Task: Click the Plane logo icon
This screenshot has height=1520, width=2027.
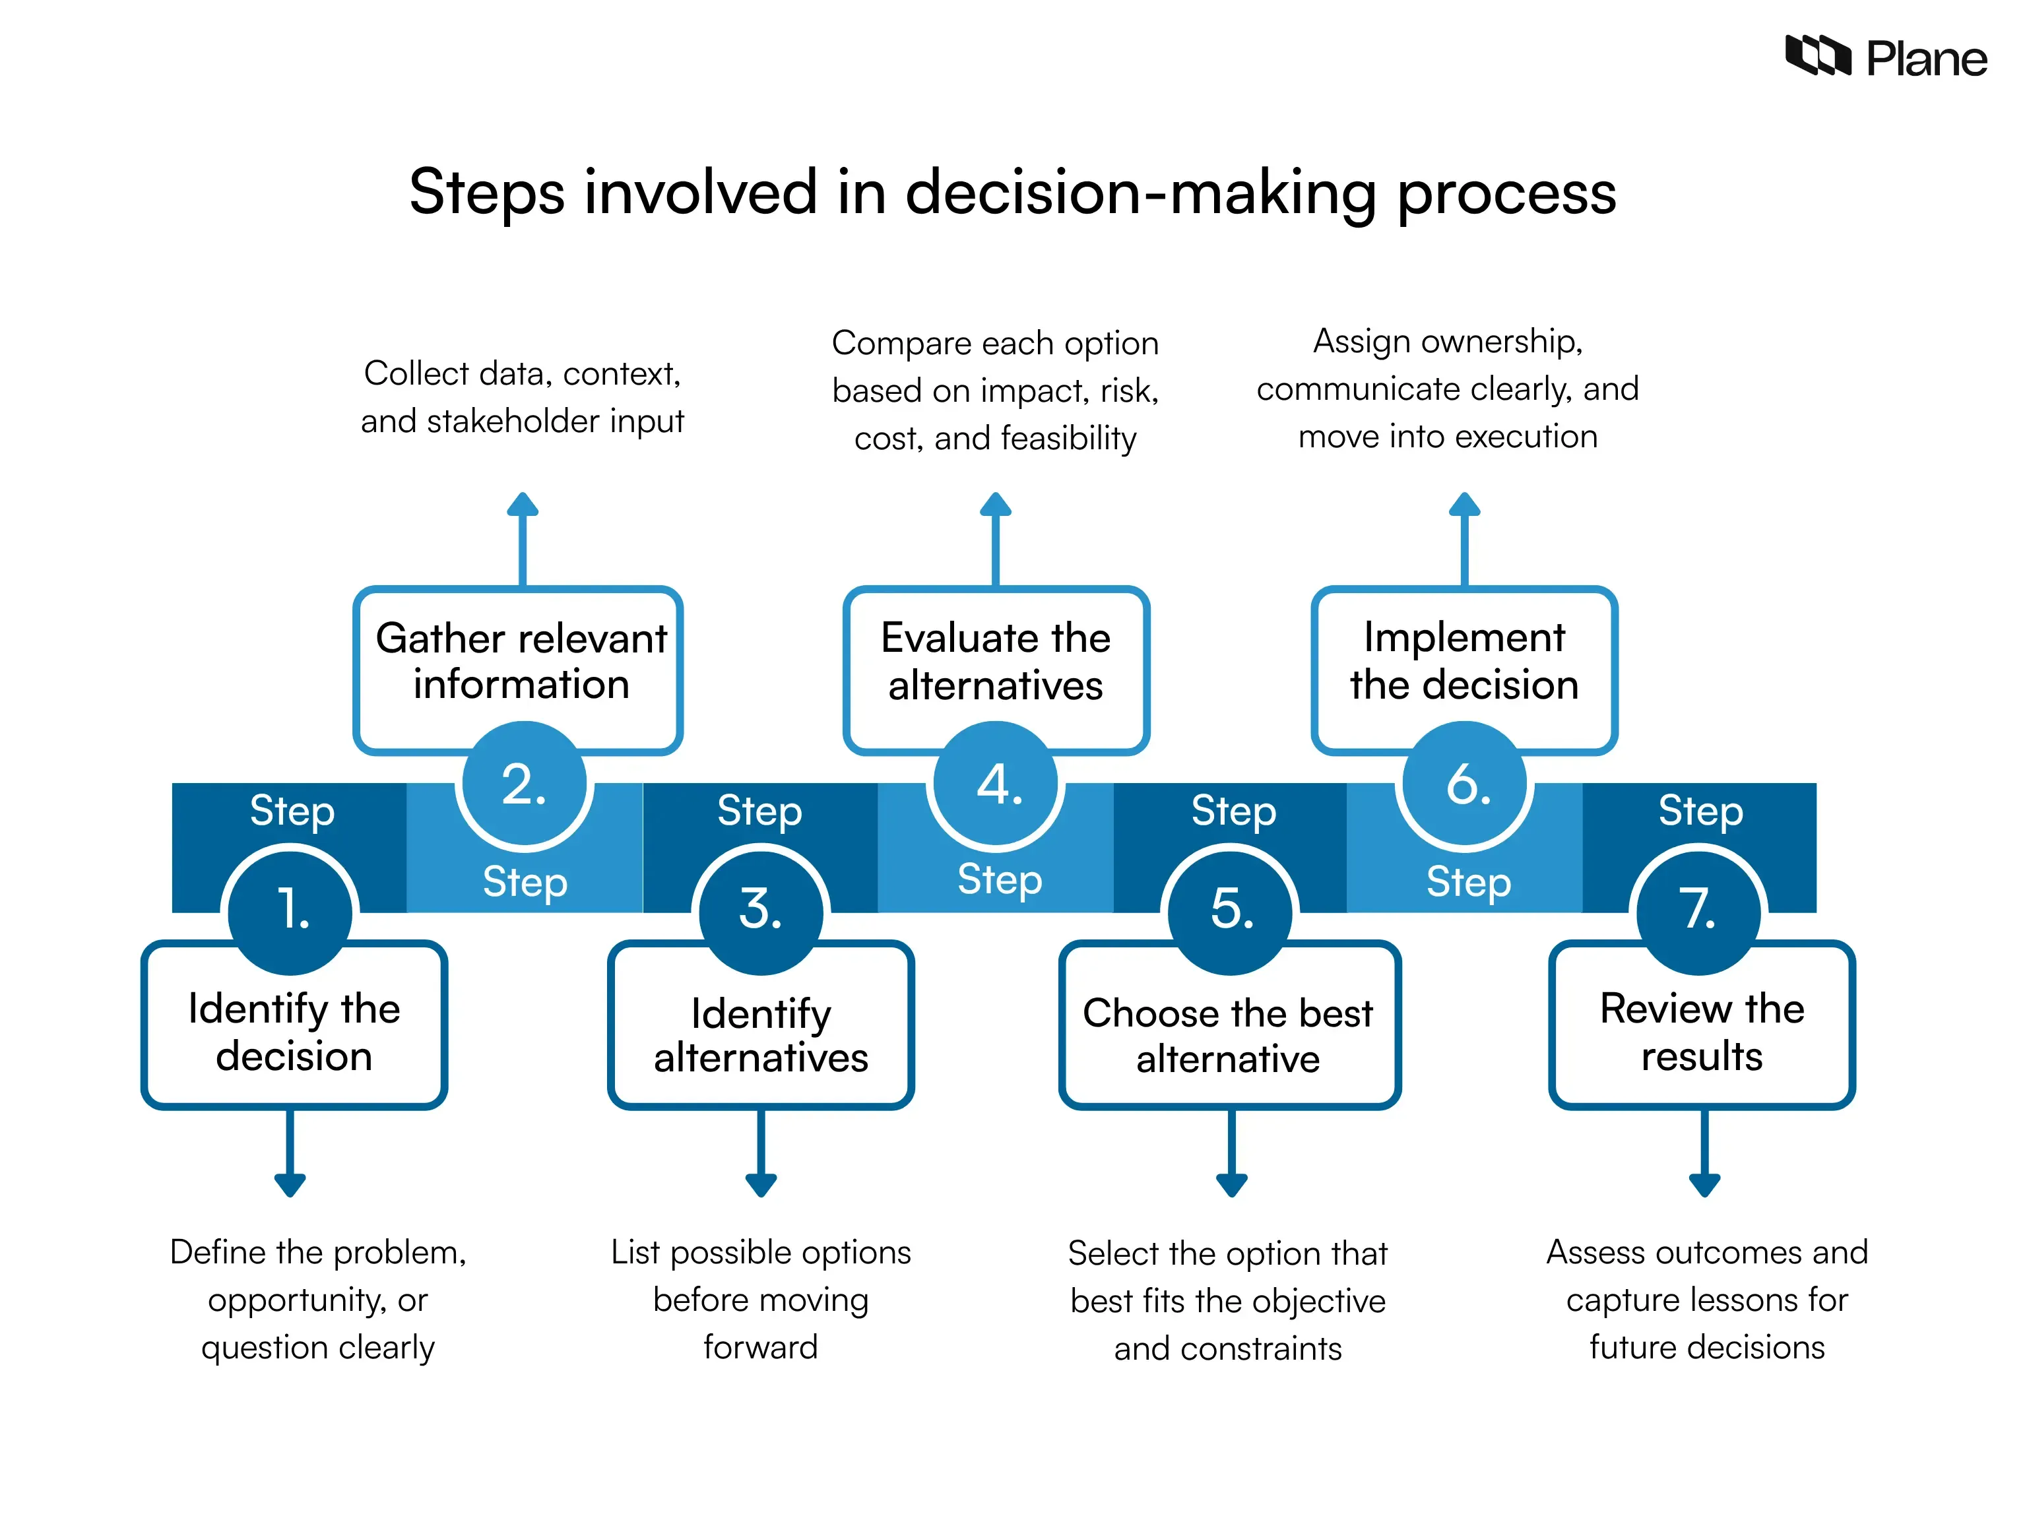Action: (x=1818, y=56)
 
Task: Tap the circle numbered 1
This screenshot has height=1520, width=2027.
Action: (x=292, y=910)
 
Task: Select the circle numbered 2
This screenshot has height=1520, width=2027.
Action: (x=524, y=785)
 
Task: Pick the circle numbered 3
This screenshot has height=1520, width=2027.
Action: (x=761, y=910)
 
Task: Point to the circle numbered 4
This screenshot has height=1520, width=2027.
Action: (x=996, y=785)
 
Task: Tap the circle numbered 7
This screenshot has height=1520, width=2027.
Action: (x=1699, y=910)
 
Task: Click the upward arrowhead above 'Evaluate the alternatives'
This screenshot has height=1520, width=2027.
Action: (x=996, y=505)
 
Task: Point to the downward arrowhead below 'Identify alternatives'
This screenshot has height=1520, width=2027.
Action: (x=761, y=1185)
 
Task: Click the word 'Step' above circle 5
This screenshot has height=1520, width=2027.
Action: (x=1233, y=811)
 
